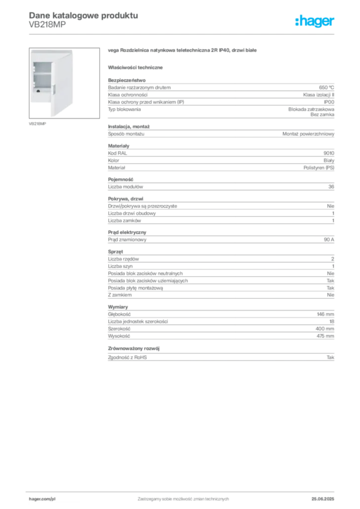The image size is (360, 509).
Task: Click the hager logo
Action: [315, 21]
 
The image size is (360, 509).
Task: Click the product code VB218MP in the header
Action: [47, 25]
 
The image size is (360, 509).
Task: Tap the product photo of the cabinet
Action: [64, 83]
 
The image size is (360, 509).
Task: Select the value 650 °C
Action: [326, 87]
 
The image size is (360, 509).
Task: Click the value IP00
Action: [329, 102]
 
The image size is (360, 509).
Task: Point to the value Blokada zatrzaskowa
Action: [311, 109]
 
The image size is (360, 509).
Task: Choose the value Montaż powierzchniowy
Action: [308, 134]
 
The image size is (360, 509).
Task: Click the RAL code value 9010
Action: [329, 153]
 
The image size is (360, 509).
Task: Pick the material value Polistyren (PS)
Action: [319, 168]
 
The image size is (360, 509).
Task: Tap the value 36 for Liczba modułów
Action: [331, 187]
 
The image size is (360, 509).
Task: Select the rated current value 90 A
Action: [329, 240]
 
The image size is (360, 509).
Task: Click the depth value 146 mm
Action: [325, 314]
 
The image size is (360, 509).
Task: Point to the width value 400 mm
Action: [325, 329]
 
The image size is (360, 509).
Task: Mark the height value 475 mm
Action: [325, 336]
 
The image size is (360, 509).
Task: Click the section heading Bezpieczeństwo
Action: [127, 80]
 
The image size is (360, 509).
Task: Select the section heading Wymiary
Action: [118, 307]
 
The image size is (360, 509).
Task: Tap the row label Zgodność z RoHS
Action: [127, 357]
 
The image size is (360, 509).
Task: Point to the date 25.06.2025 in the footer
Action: [323, 499]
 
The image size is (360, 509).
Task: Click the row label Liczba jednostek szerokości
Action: [138, 322]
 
